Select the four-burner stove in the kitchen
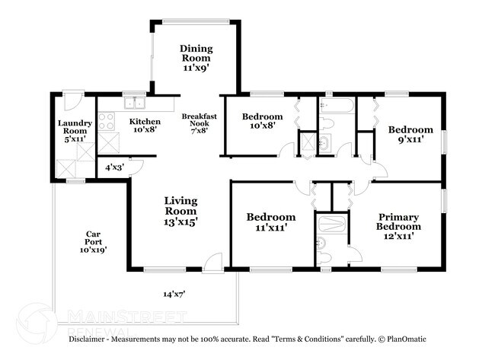tap(108, 121)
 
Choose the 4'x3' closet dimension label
tap(113, 167)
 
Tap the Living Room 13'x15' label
tap(181, 212)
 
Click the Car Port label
tap(94, 241)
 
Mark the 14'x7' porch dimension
tap(174, 293)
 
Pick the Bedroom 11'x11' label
tap(270, 222)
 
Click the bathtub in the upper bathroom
tap(336, 106)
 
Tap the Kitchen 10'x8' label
tap(144, 126)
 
